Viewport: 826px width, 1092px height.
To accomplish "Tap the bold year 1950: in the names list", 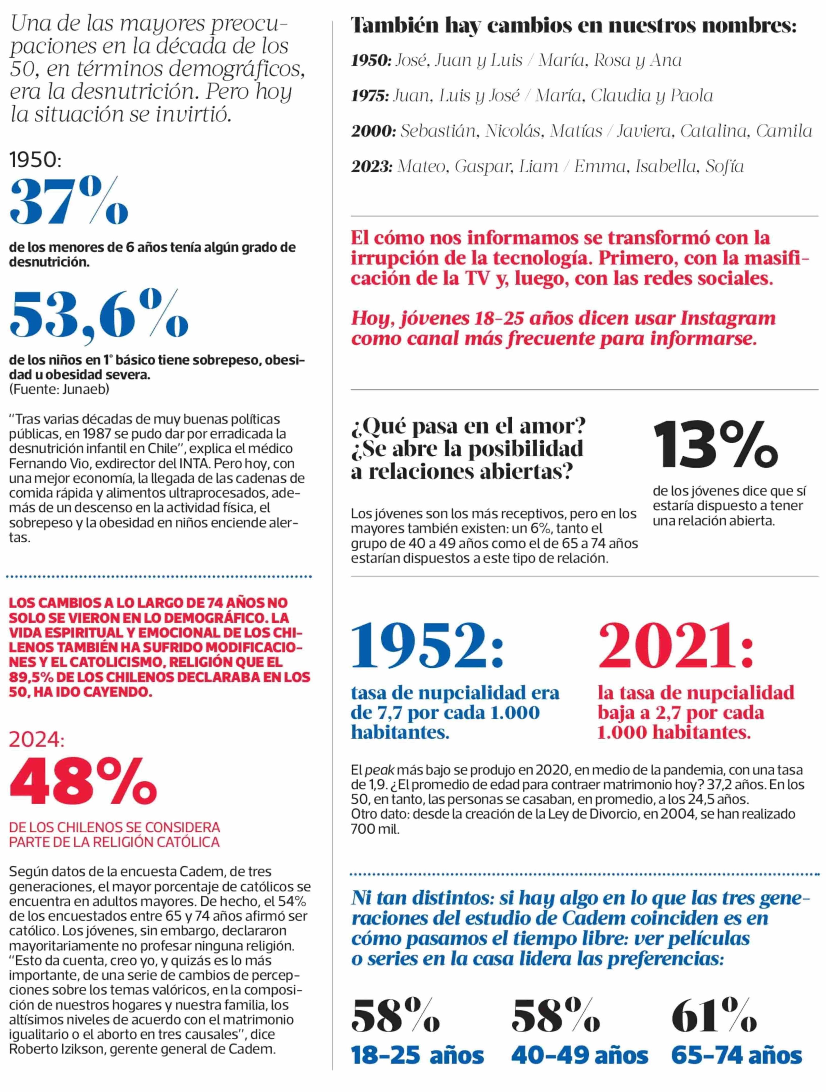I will (371, 61).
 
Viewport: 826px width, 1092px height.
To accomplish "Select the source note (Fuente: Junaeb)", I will (59, 389).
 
